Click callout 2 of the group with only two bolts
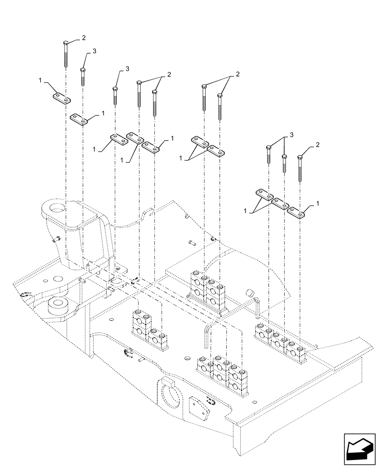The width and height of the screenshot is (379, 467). [238, 74]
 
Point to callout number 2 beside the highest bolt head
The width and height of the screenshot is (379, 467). [84, 37]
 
